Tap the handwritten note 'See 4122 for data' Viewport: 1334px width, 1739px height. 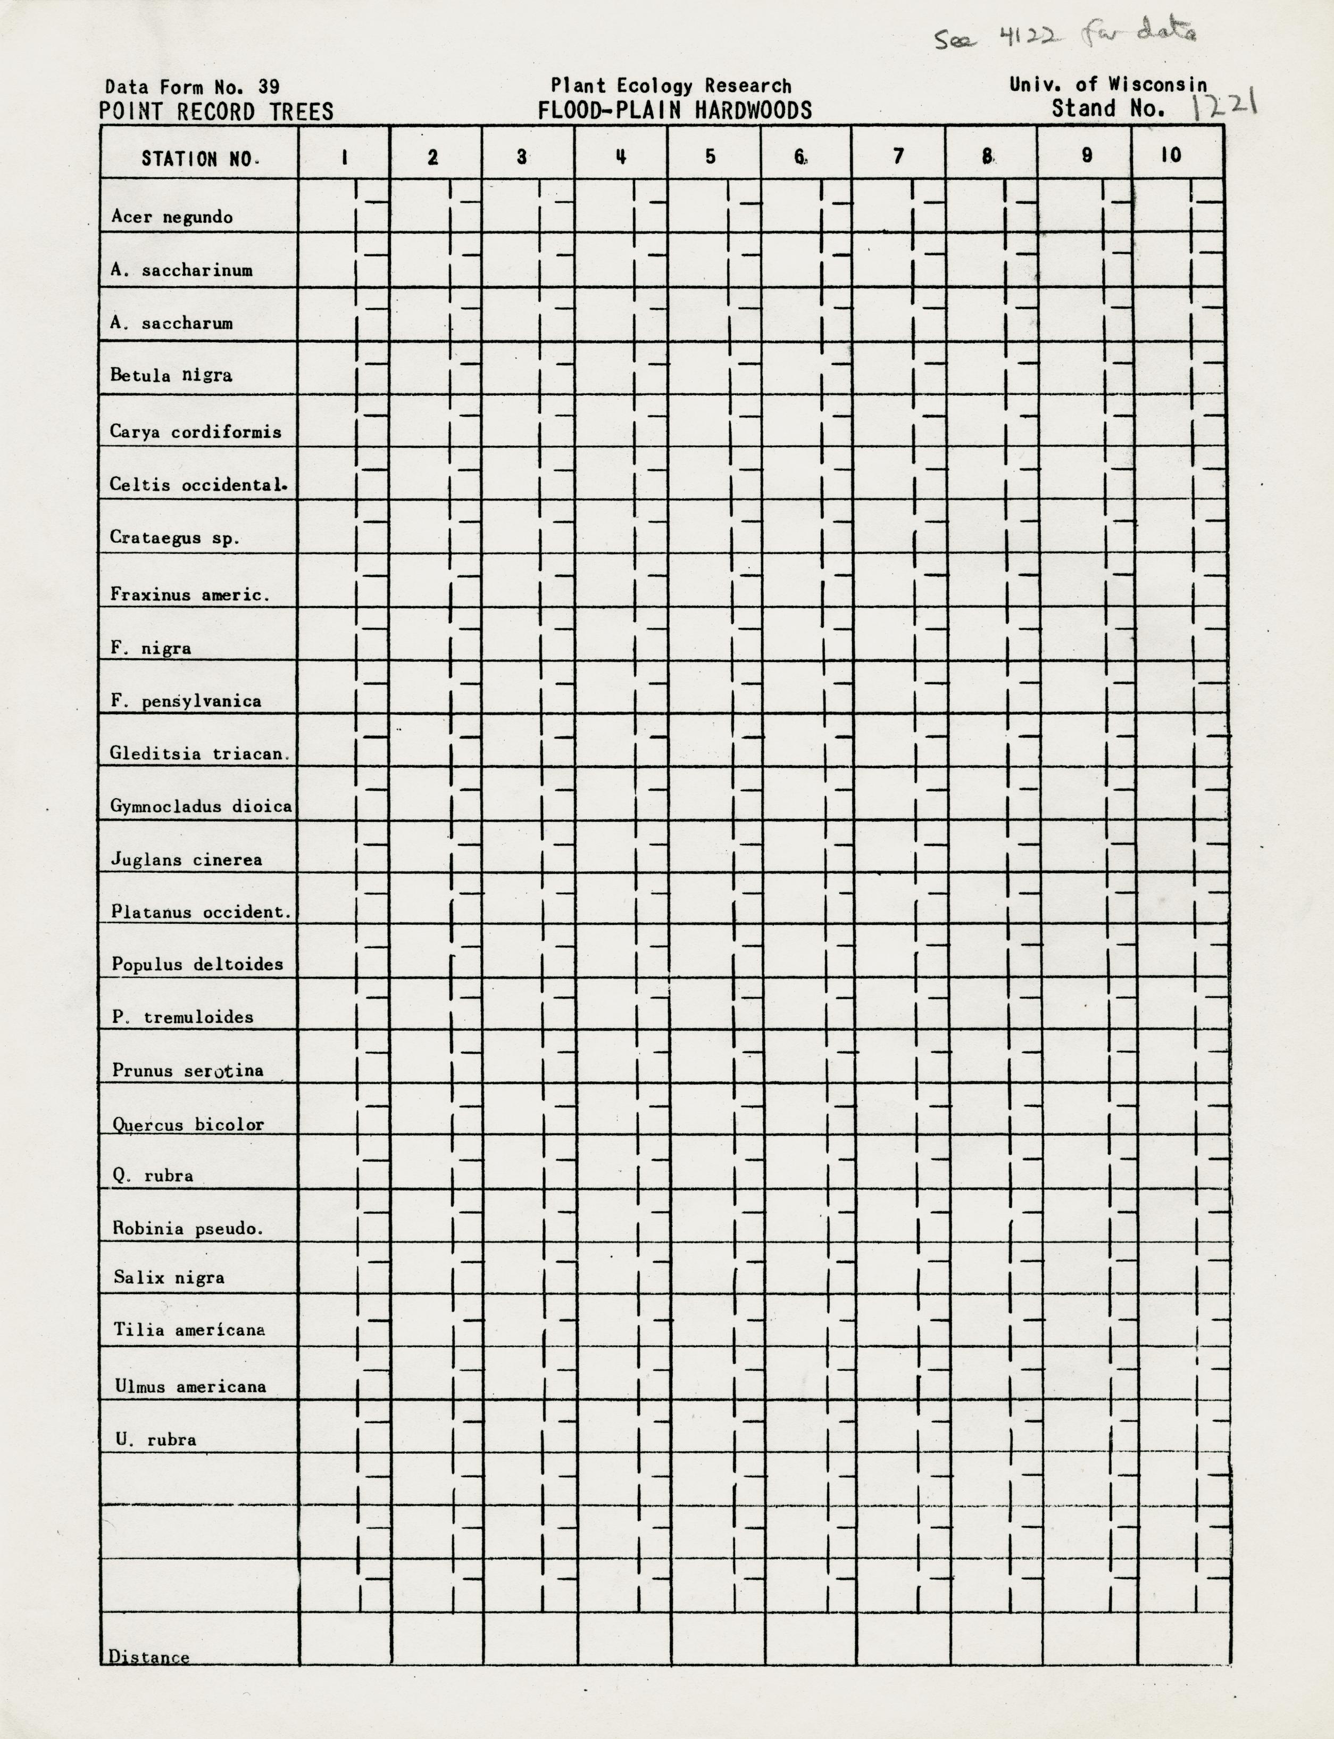[1064, 36]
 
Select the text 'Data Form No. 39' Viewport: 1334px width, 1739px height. [192, 87]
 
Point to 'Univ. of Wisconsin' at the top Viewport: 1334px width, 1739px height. [1108, 84]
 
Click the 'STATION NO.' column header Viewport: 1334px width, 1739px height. [198, 159]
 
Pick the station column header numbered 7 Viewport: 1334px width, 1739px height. [898, 156]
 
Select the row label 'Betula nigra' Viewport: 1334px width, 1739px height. [171, 375]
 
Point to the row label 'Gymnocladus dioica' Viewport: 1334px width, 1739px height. [201, 806]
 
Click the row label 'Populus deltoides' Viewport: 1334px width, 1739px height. [197, 964]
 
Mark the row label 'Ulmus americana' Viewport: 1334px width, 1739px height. [190, 1386]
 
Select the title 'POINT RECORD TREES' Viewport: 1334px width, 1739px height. [216, 112]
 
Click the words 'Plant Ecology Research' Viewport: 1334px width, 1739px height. [671, 86]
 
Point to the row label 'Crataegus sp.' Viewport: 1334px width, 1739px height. [174, 538]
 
